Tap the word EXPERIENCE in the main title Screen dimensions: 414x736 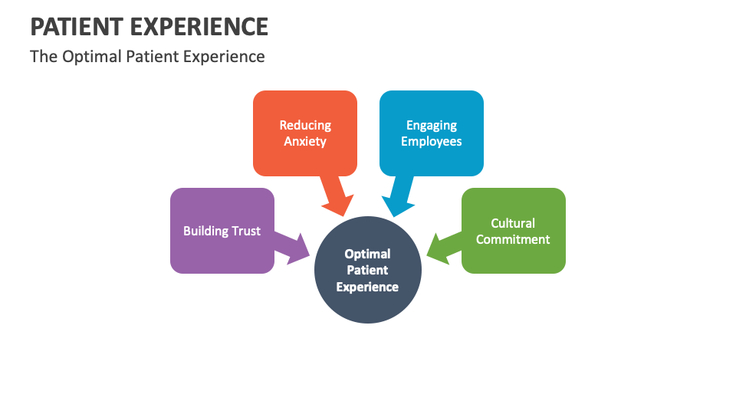click(x=204, y=26)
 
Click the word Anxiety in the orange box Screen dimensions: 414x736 click(x=305, y=141)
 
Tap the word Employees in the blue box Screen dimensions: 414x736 click(x=432, y=141)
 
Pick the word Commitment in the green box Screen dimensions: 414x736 click(x=513, y=239)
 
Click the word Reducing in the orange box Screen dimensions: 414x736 click(x=305, y=125)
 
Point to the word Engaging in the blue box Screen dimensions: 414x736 click(x=432, y=125)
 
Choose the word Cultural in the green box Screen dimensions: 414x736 click(x=513, y=223)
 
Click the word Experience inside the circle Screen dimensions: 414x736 click(x=368, y=287)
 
